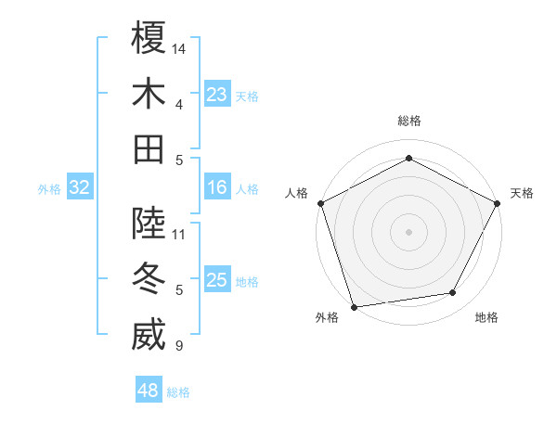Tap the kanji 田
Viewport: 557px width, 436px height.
(149, 148)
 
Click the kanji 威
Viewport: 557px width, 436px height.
(149, 335)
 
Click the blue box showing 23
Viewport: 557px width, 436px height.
(217, 95)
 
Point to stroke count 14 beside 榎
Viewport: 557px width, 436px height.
(180, 47)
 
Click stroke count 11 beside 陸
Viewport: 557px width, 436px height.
(179, 234)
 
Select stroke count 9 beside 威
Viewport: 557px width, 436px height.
(179, 346)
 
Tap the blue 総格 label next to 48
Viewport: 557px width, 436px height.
(178, 392)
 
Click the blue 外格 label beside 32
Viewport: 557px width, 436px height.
(49, 189)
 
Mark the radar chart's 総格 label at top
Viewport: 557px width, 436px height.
(409, 121)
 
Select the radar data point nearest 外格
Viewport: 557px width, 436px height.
(355, 306)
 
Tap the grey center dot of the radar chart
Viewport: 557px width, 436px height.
(409, 231)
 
